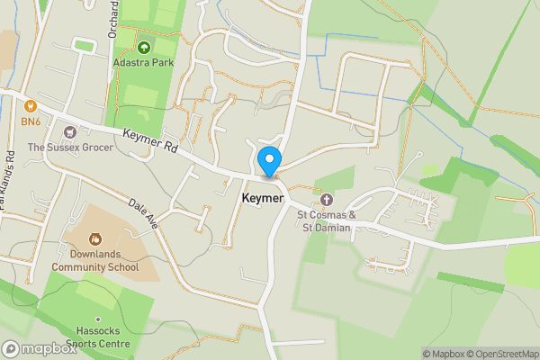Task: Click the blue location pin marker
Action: (268, 161)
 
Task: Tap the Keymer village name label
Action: (263, 198)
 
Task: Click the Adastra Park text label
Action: (143, 63)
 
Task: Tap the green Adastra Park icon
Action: (143, 47)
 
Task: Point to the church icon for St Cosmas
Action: (327, 199)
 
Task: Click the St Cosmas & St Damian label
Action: (327, 221)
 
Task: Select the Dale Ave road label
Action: (144, 213)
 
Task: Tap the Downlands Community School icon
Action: (94, 240)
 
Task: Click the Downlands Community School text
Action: (94, 260)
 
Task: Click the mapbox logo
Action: (40, 348)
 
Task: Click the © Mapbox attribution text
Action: (447, 354)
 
